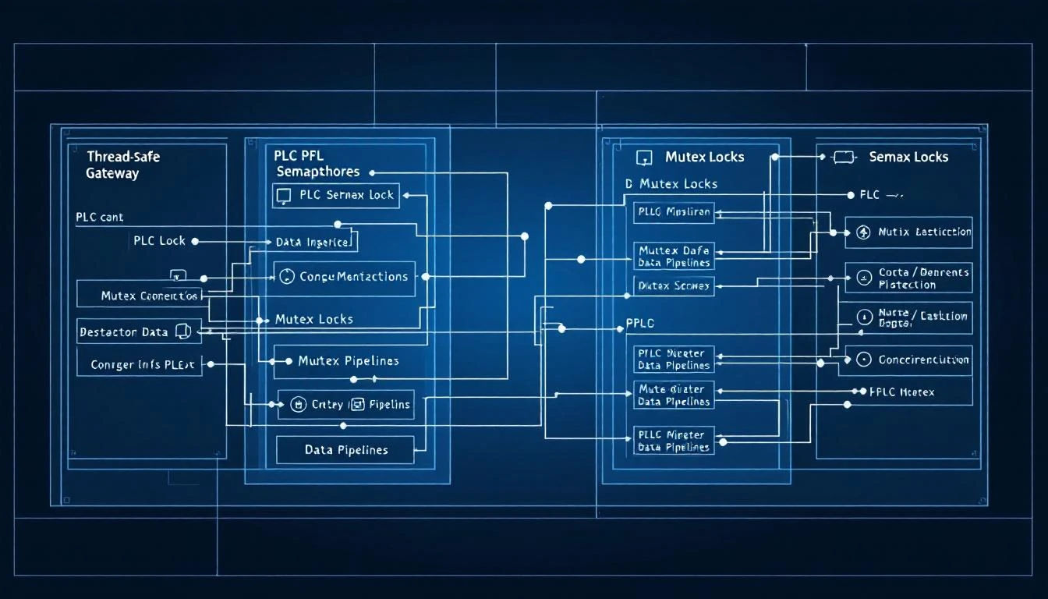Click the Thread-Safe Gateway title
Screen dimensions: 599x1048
(x=122, y=165)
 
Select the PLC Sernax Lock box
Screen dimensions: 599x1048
(x=335, y=195)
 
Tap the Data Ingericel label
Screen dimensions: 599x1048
(x=315, y=242)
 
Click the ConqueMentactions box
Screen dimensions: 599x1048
(x=344, y=277)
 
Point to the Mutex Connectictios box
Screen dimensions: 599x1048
(x=140, y=296)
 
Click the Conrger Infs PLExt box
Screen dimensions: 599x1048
(x=139, y=363)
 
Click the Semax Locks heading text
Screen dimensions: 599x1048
(x=908, y=157)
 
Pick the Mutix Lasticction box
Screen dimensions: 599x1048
(x=908, y=232)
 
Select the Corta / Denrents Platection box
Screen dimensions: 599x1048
(x=908, y=278)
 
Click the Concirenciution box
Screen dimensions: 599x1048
(x=908, y=360)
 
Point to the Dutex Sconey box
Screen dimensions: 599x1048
(x=674, y=285)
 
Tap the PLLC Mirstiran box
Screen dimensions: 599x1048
(x=674, y=211)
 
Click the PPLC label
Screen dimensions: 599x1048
(x=640, y=322)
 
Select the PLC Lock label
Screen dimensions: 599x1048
(x=159, y=241)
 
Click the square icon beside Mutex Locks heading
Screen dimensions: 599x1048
(x=644, y=158)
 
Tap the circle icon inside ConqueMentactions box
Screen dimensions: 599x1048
(x=286, y=277)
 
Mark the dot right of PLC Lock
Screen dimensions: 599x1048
(x=195, y=242)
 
